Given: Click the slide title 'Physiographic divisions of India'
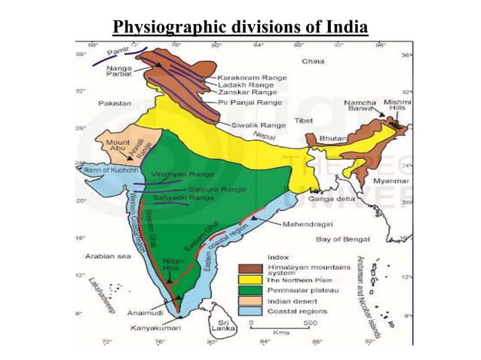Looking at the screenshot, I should pos(240,29).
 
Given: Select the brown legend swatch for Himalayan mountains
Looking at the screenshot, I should pos(250,267).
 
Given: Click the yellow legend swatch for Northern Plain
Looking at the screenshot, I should pos(250,278).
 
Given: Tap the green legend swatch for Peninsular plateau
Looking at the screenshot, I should pos(250,288).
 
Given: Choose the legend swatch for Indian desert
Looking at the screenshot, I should pos(250,299).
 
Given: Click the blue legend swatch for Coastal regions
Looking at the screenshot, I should pos(250,310).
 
